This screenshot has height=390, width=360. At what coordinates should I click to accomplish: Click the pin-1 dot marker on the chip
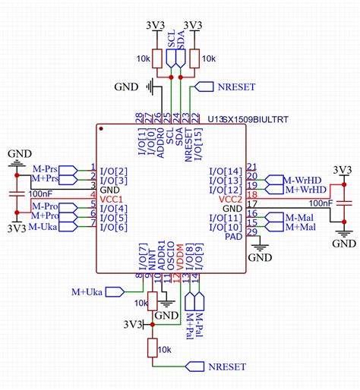click(x=101, y=128)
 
